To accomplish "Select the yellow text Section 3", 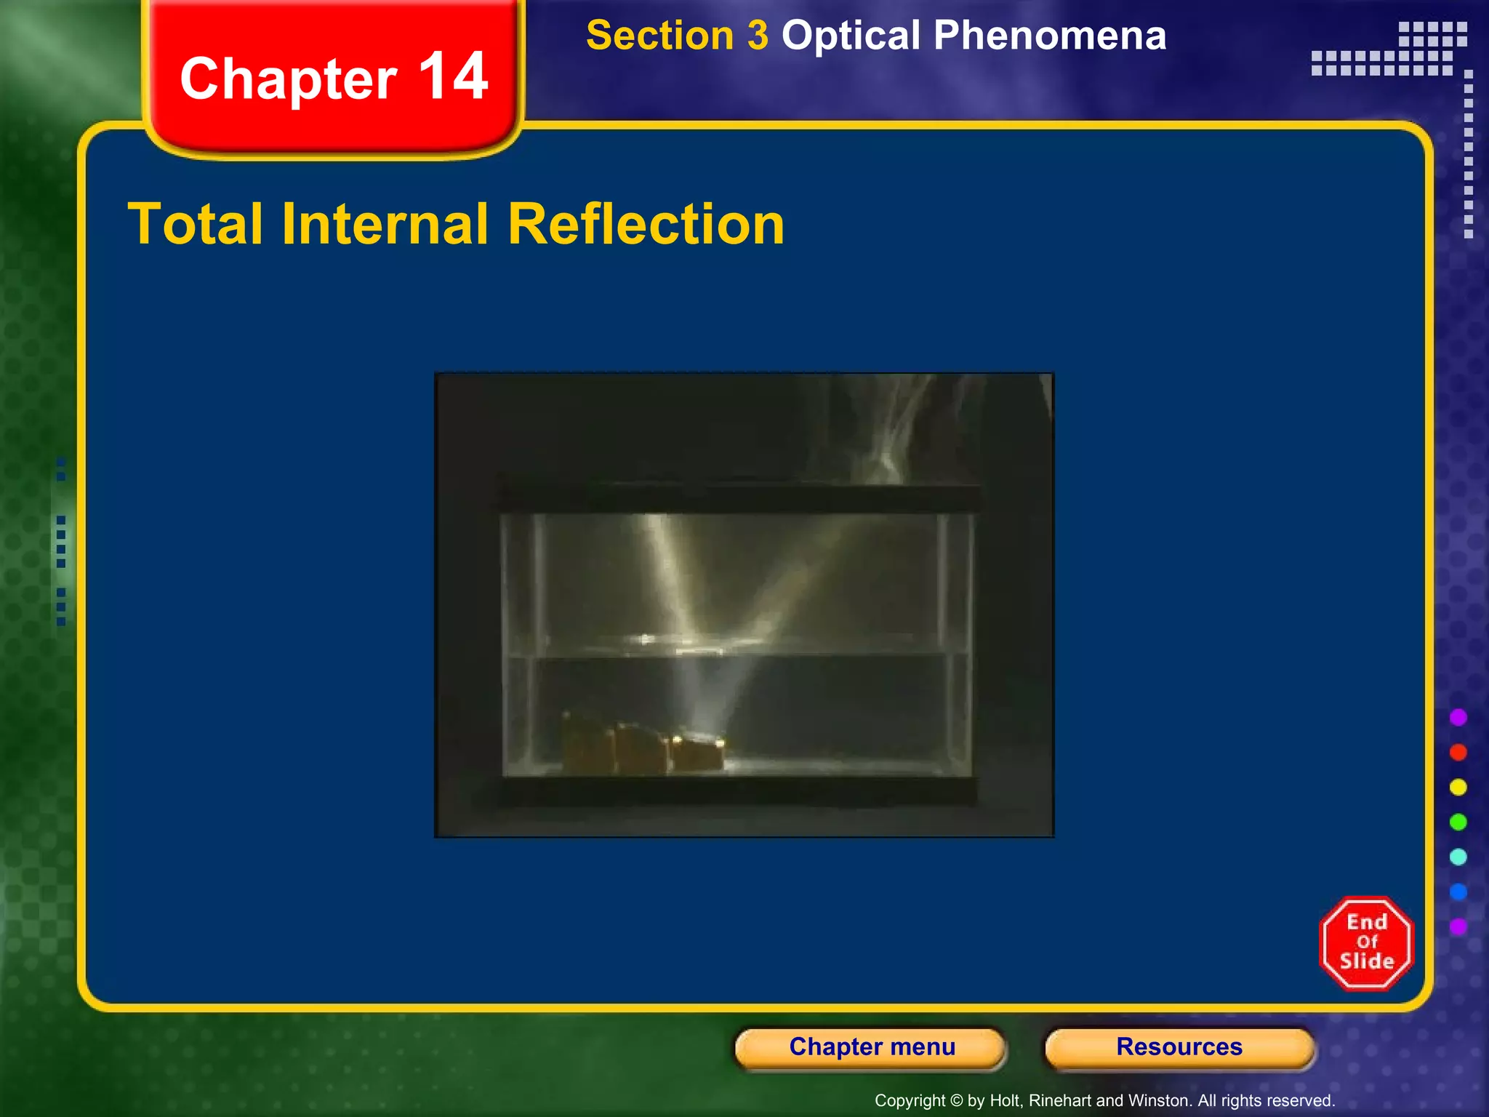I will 677,36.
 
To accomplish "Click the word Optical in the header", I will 851,36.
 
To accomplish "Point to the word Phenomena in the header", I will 1050,36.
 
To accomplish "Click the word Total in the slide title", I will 195,224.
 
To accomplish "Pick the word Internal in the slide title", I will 385,224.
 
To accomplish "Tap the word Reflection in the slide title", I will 646,224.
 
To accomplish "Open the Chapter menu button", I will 871,1047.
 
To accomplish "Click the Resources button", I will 1179,1047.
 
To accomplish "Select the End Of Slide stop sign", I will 1366,942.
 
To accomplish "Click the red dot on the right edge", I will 1458,752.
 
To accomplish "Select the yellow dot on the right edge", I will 1458,787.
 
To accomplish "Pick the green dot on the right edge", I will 1458,822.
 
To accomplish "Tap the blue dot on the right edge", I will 1458,892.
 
